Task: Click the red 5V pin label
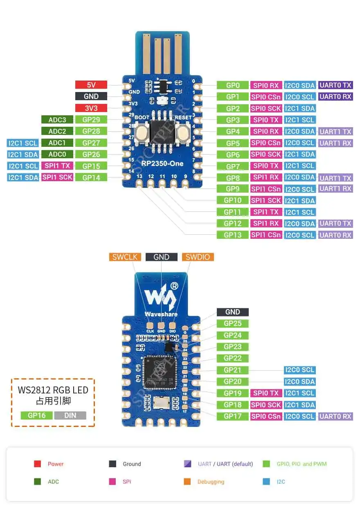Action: pos(91,85)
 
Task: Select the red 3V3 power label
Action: pos(91,108)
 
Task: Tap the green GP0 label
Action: pos(232,85)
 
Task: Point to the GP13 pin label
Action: pos(232,235)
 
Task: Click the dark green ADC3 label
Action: pos(57,120)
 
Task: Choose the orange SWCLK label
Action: pos(125,257)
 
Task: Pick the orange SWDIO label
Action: pos(198,257)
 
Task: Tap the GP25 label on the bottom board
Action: pos(232,323)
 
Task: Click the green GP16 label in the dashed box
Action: pos(36,415)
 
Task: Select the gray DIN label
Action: pos(70,415)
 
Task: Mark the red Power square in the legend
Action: pos(38,464)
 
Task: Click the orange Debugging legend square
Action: pos(187,482)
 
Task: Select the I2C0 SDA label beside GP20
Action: pos(299,382)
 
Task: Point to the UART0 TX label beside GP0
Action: pos(335,85)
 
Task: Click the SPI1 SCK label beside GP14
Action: pos(57,177)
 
